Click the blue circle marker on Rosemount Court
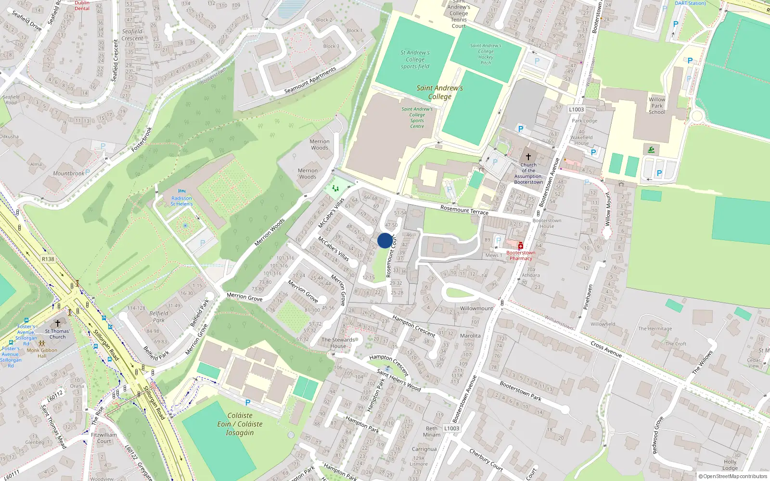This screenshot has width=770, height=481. [x=385, y=240]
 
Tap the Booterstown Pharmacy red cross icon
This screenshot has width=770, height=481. [x=520, y=246]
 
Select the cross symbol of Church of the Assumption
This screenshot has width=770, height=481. [x=528, y=157]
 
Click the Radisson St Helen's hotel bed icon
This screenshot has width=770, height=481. [x=181, y=191]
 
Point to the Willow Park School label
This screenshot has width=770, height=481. [x=657, y=106]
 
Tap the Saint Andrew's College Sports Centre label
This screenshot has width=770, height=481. [x=417, y=117]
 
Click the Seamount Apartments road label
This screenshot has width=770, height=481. [x=310, y=80]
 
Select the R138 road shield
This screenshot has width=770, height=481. [x=48, y=259]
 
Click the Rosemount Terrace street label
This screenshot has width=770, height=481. [x=464, y=210]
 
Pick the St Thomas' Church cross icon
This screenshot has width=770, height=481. [x=58, y=323]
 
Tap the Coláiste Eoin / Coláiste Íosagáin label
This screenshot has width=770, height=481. [x=240, y=424]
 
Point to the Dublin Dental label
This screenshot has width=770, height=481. [x=82, y=5]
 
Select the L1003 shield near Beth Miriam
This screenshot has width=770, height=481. [x=451, y=428]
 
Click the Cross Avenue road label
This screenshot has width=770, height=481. [x=606, y=349]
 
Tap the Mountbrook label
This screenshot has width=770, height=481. [x=68, y=174]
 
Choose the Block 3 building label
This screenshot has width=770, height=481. [x=331, y=46]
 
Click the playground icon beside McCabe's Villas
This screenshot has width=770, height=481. [x=335, y=188]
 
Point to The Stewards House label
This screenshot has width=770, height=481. [x=338, y=342]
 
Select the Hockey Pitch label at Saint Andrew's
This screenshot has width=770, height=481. [x=486, y=54]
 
